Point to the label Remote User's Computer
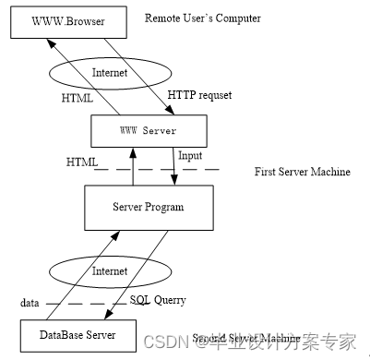[202, 18]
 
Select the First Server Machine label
[302, 173]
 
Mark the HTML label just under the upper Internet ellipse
[78, 96]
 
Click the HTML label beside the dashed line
[82, 162]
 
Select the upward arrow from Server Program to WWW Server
[136, 166]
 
